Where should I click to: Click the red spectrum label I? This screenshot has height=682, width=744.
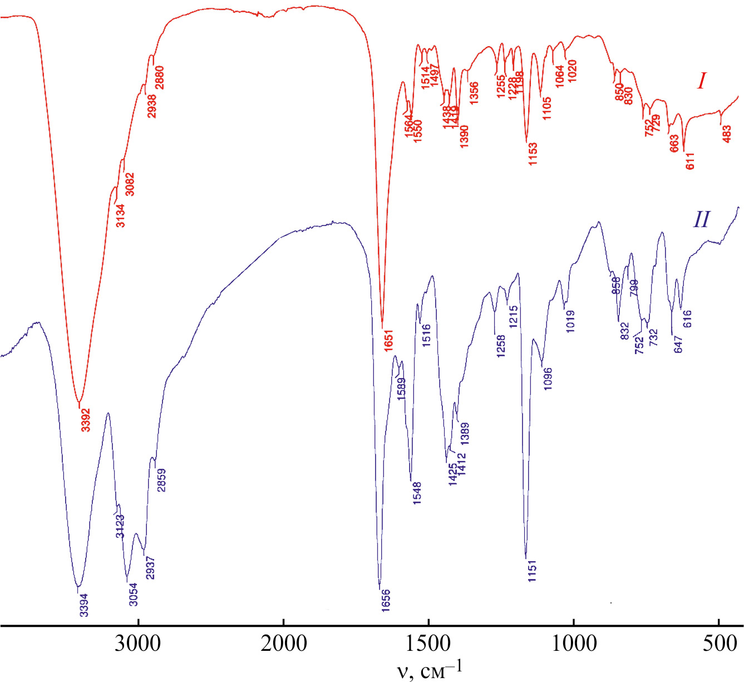click(701, 82)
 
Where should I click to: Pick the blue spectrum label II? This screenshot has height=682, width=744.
click(701, 219)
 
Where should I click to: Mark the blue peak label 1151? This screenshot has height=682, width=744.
click(533, 571)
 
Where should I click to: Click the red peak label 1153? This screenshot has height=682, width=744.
click(533, 154)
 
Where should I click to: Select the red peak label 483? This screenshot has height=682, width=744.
click(727, 134)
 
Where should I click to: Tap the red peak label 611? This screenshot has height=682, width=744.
click(691, 160)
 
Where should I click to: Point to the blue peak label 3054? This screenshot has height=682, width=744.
click(133, 595)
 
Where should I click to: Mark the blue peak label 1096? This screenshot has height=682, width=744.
click(549, 379)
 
